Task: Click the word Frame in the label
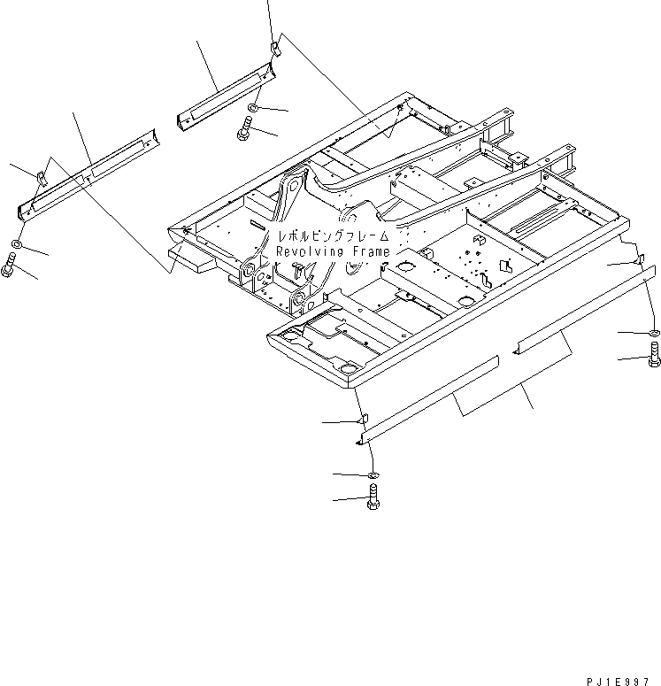click(367, 252)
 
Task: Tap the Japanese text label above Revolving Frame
click(333, 237)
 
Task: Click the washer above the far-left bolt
click(18, 244)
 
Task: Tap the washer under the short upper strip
click(252, 108)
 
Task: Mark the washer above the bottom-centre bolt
click(373, 476)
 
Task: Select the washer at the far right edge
click(653, 333)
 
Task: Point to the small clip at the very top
click(274, 49)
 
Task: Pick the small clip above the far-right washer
click(641, 263)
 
